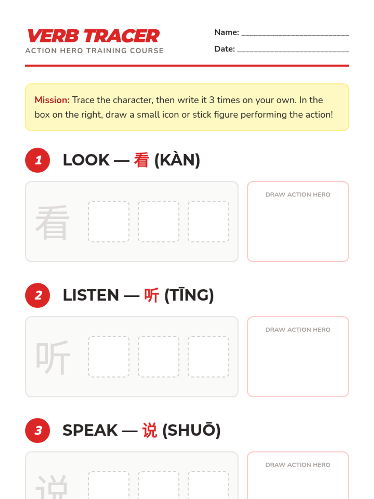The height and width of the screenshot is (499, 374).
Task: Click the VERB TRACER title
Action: click(93, 36)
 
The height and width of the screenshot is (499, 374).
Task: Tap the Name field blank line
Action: click(295, 35)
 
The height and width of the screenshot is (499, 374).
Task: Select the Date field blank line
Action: click(293, 52)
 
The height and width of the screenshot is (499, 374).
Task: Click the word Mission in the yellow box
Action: click(52, 100)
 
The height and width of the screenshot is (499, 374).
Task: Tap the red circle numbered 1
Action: click(37, 160)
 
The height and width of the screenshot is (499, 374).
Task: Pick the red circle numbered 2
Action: click(37, 295)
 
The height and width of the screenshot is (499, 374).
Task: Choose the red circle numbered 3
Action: click(37, 430)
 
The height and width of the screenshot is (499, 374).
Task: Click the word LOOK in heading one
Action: click(86, 160)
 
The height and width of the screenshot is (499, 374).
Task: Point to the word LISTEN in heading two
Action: click(91, 295)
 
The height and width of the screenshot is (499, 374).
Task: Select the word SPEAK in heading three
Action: click(90, 430)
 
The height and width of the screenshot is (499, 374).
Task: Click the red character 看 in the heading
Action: click(141, 160)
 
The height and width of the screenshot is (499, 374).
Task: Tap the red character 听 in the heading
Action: click(152, 295)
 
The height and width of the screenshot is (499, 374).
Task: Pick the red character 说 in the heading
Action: click(150, 430)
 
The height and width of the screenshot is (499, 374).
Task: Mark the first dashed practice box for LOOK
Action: click(109, 221)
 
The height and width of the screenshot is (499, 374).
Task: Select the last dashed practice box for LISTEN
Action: click(209, 356)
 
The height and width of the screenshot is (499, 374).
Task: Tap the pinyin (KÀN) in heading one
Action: click(177, 160)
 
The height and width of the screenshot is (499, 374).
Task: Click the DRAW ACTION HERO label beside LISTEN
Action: click(298, 330)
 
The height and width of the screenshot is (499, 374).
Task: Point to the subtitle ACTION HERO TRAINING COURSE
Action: click(94, 51)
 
